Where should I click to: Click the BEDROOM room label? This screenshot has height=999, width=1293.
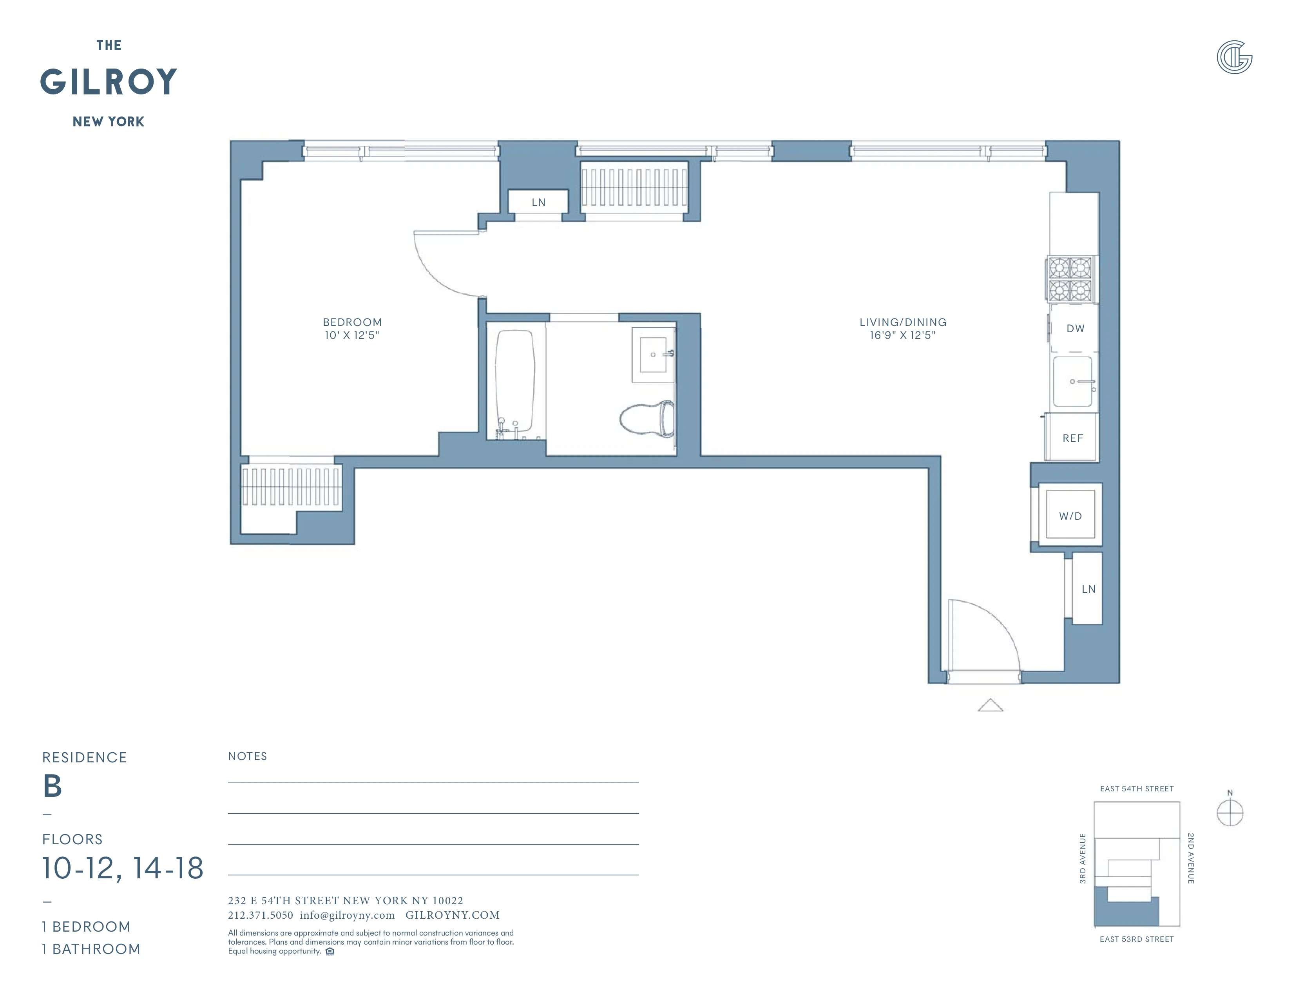352,322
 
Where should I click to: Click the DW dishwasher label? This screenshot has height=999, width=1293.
1075,328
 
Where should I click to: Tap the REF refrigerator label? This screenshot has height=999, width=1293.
1072,438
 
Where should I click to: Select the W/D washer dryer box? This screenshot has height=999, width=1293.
1070,516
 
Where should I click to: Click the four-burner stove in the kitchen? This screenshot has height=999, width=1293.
1070,279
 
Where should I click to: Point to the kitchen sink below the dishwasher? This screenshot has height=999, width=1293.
1072,382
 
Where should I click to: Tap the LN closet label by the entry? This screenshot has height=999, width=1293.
1088,589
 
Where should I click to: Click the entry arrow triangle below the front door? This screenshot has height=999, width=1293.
990,706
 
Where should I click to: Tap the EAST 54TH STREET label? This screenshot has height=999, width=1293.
1136,789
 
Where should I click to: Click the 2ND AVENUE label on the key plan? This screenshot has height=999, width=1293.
1191,858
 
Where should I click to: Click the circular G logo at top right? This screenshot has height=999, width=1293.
1234,58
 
